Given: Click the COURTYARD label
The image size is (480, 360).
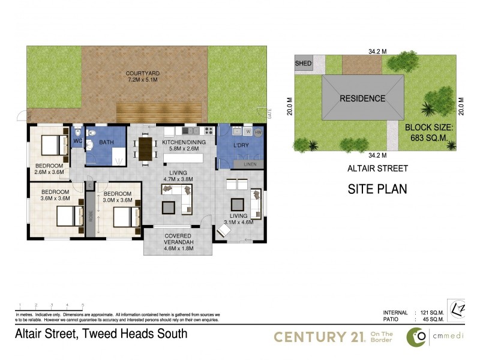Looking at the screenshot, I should coord(142,74).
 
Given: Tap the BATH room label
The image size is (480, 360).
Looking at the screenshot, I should coord(106,142).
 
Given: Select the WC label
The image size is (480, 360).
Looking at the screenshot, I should coord(77,142).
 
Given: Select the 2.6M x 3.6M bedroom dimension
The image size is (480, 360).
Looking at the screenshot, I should coord(49,172).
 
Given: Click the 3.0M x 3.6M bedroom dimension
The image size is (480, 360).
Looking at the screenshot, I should coord(116,200).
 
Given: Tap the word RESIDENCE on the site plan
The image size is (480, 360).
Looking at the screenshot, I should coord(363,98).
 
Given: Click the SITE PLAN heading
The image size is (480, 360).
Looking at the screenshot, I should coord(377,189).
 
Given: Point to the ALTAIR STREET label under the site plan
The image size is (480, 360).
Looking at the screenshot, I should coord(377,168).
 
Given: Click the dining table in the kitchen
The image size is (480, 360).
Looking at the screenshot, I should coord(145,149).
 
